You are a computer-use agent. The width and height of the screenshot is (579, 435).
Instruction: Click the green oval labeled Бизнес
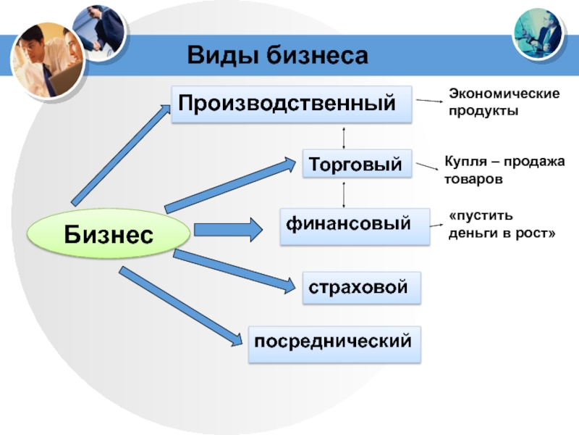click(109, 233)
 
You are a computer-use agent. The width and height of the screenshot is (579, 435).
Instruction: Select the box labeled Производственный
click(290, 104)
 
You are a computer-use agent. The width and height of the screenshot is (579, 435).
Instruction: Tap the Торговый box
click(357, 165)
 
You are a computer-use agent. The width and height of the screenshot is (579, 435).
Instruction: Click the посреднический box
click(334, 343)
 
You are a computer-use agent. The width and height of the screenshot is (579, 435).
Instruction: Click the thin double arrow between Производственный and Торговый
click(344, 137)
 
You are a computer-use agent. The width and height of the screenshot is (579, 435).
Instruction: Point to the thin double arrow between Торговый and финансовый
click(344, 194)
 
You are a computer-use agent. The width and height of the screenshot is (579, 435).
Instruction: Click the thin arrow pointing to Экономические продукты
click(431, 102)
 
